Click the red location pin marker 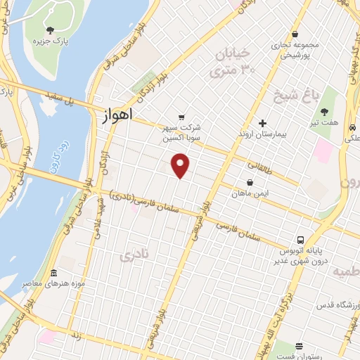181,166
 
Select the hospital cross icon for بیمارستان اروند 262,123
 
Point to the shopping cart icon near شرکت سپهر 182,117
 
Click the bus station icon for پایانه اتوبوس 300,239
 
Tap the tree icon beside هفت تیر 325,112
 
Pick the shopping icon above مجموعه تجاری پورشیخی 295,33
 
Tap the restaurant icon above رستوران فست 300,346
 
